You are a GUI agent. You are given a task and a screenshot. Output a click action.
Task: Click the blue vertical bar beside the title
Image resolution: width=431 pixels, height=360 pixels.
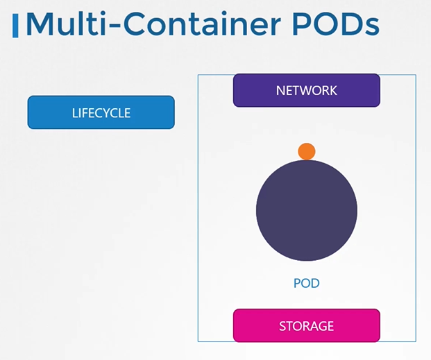[x=16, y=24]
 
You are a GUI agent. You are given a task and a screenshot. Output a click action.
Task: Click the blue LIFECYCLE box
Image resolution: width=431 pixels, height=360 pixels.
[x=101, y=112]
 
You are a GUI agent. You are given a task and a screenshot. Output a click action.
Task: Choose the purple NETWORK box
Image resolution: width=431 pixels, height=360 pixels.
[x=306, y=90]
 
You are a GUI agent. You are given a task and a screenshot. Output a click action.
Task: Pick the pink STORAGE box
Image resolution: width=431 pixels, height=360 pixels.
[x=306, y=325]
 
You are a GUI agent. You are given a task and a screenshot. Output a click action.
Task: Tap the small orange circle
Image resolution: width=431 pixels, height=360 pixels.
[x=306, y=151]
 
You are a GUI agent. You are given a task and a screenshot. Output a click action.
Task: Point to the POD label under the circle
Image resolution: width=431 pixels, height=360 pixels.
[x=306, y=284]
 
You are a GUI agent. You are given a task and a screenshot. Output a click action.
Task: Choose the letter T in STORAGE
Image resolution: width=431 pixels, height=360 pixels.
[x=288, y=325]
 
